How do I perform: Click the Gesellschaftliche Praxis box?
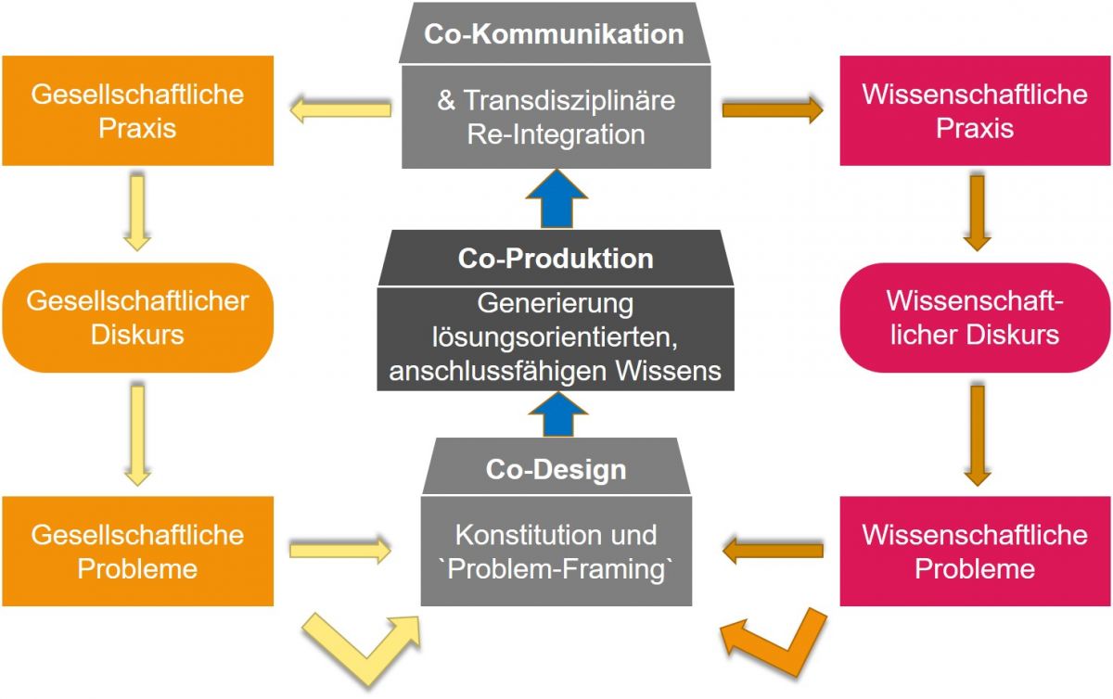[x=137, y=110]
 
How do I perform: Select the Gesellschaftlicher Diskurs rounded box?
[x=137, y=317]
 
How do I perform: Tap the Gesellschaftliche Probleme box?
[x=137, y=551]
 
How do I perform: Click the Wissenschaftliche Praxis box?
[x=974, y=110]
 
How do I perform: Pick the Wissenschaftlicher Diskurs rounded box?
[x=974, y=317]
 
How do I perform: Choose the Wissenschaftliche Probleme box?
[x=974, y=551]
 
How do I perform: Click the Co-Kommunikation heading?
[x=555, y=34]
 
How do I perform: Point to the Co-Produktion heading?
[x=555, y=258]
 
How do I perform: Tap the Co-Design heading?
[x=556, y=469]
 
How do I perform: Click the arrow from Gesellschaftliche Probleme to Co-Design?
[x=339, y=551]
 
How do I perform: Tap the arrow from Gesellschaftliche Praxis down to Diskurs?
[x=137, y=212]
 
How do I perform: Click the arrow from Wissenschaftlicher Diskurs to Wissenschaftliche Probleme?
[x=975, y=435]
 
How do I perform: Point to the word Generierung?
[x=555, y=303]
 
